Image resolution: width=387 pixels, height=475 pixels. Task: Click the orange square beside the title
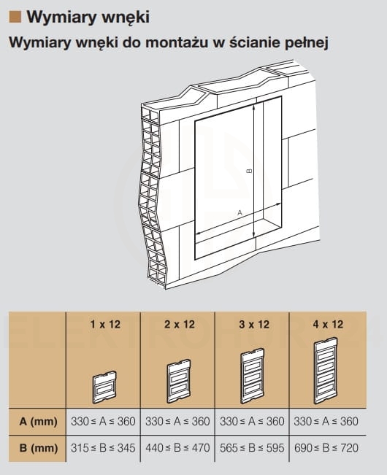point(15,17)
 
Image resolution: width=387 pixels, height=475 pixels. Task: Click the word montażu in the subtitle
point(177,42)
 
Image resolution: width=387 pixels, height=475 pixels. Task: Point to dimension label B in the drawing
point(249,171)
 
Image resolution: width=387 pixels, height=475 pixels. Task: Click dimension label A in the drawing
point(240,212)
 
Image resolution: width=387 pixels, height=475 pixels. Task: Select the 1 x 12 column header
point(105,325)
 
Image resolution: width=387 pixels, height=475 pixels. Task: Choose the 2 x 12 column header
point(180,325)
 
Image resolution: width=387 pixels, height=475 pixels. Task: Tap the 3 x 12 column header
point(254,325)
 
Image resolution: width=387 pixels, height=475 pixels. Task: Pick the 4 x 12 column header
point(328,325)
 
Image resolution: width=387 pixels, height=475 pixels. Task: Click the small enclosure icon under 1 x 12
point(104,387)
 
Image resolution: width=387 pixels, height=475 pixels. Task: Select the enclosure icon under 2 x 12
point(179,381)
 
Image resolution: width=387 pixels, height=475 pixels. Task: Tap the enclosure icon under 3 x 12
point(253,376)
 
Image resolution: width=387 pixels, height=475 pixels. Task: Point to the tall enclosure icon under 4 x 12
point(326,371)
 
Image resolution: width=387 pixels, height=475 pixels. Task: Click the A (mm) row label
point(38,422)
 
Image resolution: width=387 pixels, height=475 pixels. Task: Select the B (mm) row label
point(38,448)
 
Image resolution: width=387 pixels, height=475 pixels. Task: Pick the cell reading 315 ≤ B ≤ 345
point(103,448)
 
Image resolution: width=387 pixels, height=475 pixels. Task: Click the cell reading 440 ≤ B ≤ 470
point(177,448)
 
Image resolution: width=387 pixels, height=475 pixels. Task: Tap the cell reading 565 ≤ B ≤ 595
point(252,448)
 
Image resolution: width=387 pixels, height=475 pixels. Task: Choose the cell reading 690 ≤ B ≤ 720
point(326,448)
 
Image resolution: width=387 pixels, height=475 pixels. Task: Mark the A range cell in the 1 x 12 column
point(103,422)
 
